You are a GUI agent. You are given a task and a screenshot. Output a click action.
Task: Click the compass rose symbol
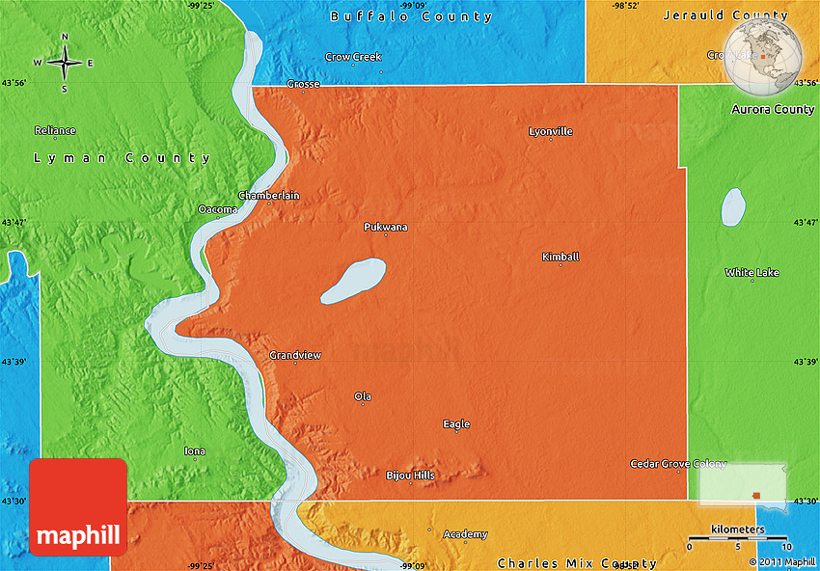click(65, 63)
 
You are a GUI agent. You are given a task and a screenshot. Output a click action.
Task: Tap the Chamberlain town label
click(269, 195)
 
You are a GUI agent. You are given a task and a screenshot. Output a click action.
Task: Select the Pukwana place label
click(385, 227)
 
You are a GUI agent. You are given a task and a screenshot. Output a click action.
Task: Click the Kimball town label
click(560, 257)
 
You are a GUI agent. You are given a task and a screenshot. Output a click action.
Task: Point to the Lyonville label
click(551, 131)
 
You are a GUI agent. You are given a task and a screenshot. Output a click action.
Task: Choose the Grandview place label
click(295, 355)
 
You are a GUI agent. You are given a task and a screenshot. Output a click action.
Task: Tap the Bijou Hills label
click(410, 476)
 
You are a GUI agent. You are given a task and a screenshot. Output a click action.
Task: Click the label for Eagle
click(456, 423)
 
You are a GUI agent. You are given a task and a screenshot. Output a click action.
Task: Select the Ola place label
click(363, 396)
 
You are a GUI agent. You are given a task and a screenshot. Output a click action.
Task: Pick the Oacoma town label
click(218, 209)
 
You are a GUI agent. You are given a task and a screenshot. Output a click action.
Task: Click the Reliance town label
click(55, 130)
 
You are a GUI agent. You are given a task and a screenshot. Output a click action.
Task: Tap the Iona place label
click(195, 450)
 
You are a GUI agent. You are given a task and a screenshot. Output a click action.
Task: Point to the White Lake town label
click(752, 273)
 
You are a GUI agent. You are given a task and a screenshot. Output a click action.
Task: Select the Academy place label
click(465, 534)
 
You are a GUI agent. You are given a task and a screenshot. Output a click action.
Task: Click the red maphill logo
click(78, 507)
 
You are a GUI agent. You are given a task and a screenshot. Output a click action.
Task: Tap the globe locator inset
click(763, 56)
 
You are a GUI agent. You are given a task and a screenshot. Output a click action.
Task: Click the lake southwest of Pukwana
click(353, 281)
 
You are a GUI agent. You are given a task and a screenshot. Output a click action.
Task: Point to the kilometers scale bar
click(737, 537)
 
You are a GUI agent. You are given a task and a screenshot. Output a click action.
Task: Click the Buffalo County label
click(411, 16)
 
